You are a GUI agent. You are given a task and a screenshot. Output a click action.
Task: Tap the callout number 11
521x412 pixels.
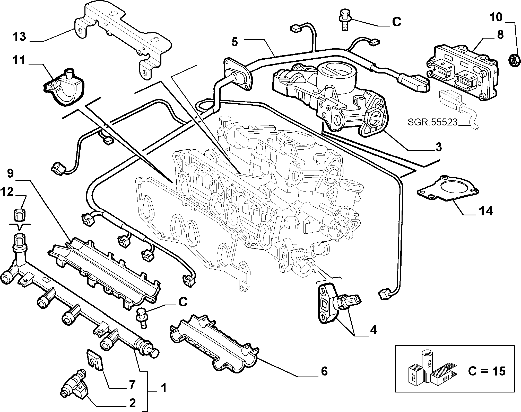19,61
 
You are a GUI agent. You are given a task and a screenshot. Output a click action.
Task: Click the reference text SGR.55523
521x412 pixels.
432,122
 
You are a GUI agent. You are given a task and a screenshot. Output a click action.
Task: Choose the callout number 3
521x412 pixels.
438,147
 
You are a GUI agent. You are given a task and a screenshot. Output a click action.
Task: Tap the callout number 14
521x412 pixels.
485,211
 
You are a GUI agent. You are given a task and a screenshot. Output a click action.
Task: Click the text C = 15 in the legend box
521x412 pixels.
487,371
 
